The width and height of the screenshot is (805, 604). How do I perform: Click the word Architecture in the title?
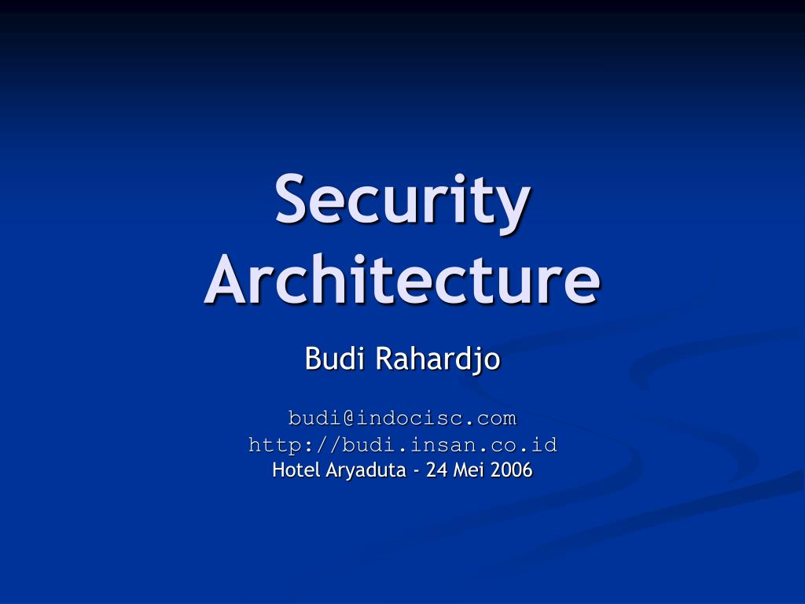[402, 280]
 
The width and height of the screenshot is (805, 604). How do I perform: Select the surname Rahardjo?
[437, 359]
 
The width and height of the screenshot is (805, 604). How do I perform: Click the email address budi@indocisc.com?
[402, 417]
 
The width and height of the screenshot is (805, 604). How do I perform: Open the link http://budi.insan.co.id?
[402, 444]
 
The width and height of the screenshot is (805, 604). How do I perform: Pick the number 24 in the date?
[436, 470]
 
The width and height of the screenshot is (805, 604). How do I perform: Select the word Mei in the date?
[467, 470]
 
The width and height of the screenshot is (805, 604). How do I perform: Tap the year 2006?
[512, 470]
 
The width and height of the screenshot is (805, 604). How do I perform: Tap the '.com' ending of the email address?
[495, 417]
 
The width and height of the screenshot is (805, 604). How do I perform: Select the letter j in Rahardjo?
[481, 361]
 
